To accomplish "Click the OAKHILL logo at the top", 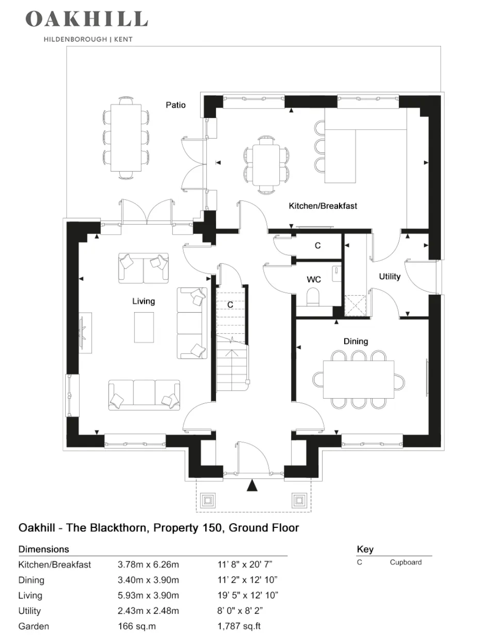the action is pyautogui.click(x=87, y=19).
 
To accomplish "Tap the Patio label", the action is pyautogui.click(x=176, y=105).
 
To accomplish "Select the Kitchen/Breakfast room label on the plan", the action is pyautogui.click(x=323, y=206).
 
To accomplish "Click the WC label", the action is pyautogui.click(x=314, y=280).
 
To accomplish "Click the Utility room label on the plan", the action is pyautogui.click(x=389, y=276).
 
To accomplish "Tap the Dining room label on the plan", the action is pyautogui.click(x=356, y=341).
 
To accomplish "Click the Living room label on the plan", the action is pyautogui.click(x=144, y=301).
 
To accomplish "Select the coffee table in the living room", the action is pyautogui.click(x=144, y=327).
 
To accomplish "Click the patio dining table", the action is pyautogui.click(x=126, y=138).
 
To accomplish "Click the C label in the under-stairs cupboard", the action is pyautogui.click(x=230, y=305).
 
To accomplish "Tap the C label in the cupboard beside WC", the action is pyautogui.click(x=318, y=245).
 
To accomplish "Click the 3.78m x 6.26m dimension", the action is pyautogui.click(x=148, y=564).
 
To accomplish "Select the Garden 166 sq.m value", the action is pyautogui.click(x=137, y=626).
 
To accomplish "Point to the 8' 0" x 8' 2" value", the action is pyautogui.click(x=240, y=611).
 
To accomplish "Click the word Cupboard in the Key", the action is pyautogui.click(x=406, y=562).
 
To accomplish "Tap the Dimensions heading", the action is pyautogui.click(x=44, y=549).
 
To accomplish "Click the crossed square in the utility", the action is pyautogui.click(x=355, y=306).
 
